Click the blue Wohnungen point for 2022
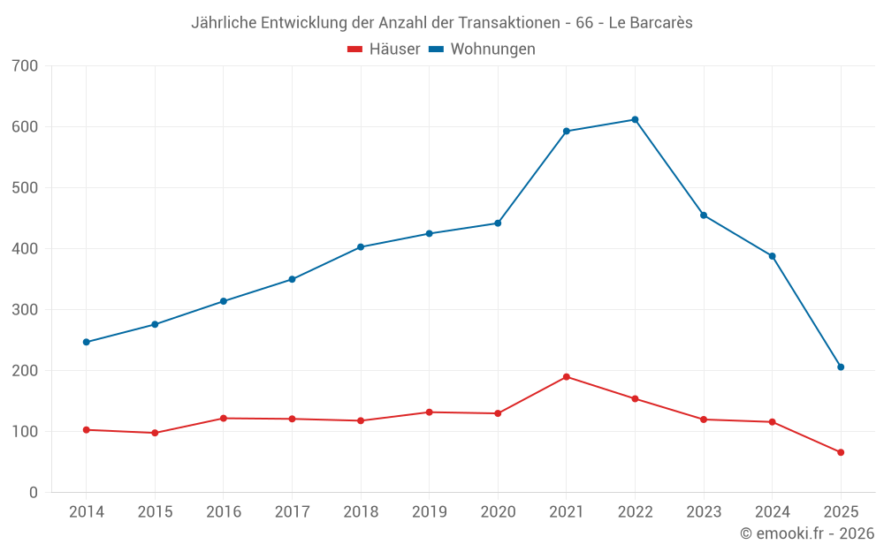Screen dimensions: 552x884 coord(635,120)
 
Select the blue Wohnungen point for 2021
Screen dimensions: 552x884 coord(567,132)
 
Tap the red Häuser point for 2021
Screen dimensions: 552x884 coord(567,377)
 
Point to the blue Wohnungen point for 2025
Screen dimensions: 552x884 coord(841,367)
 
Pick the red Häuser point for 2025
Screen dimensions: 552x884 coord(841,452)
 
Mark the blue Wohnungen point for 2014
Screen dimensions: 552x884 coord(87,342)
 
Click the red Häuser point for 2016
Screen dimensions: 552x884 coord(224,419)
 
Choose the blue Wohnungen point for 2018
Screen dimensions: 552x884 coord(361,247)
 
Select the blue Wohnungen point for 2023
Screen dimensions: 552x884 coord(704,216)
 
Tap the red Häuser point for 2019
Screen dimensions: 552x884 coord(430,412)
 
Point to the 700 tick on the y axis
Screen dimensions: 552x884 coord(26,66)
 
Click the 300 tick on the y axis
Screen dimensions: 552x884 coord(26,310)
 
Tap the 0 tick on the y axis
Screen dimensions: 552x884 coord(33,493)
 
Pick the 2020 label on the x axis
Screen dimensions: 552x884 coord(498,512)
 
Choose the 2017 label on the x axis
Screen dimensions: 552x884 coord(292,512)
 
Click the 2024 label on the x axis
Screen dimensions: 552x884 coord(772,512)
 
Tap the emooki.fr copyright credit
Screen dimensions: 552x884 coord(807,533)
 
